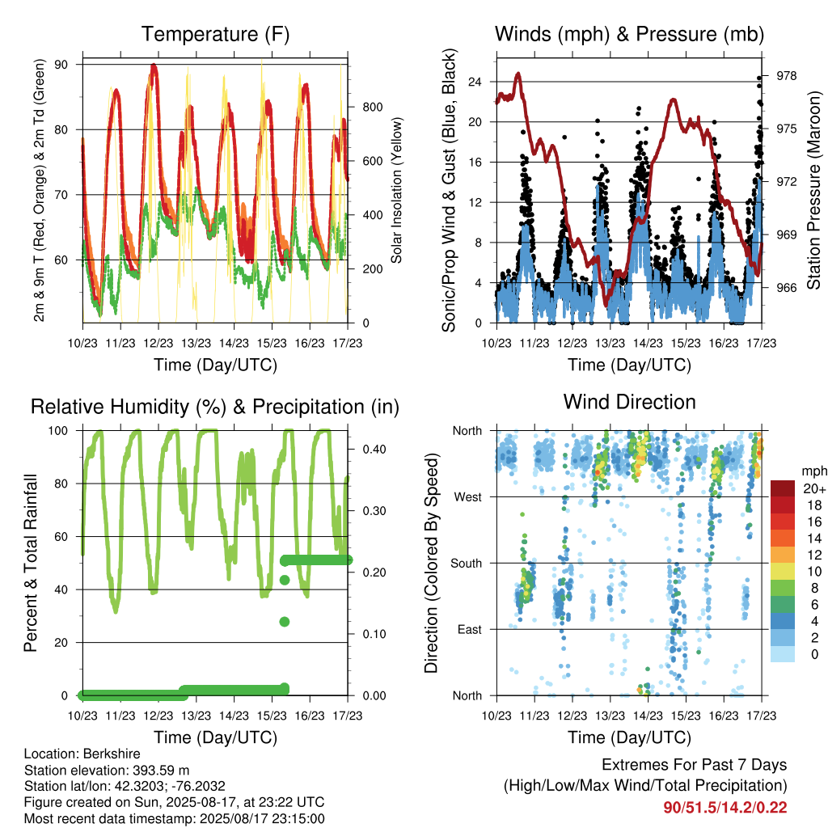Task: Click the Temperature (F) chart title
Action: [215, 34]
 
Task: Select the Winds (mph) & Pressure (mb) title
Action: [629, 34]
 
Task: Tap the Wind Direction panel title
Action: [629, 402]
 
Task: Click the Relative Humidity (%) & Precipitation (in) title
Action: [215, 408]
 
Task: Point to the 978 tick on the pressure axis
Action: [786, 76]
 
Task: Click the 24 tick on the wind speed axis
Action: [475, 82]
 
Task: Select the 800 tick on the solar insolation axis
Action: [372, 108]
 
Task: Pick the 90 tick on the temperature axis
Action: [61, 65]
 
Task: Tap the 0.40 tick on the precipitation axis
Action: [374, 450]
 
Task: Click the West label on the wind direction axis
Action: [468, 497]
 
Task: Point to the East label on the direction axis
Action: [470, 629]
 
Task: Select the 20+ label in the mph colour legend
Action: [814, 489]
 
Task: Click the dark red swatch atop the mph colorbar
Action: [783, 488]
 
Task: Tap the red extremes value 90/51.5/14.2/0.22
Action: [725, 808]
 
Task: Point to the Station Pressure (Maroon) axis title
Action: [813, 190]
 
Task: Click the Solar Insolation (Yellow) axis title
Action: [396, 190]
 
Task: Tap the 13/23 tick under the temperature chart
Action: [196, 343]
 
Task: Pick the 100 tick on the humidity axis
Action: [58, 431]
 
